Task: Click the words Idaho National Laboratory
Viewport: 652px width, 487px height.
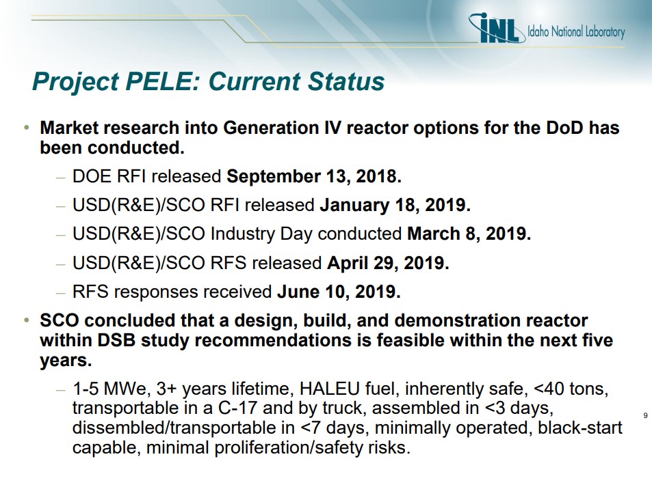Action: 576,32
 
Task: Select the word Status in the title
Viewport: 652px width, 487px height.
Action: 346,81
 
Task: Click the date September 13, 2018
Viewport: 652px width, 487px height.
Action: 314,176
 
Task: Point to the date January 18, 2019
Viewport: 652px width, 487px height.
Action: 395,205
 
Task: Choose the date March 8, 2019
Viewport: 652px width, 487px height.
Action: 469,234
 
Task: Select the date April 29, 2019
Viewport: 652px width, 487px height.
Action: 389,263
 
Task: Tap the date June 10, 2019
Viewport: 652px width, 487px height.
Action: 339,292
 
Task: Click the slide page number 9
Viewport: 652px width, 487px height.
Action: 645,415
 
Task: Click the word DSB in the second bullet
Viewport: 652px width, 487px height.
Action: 116,340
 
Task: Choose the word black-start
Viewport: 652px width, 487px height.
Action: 580,428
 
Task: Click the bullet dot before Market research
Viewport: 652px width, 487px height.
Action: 27,128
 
